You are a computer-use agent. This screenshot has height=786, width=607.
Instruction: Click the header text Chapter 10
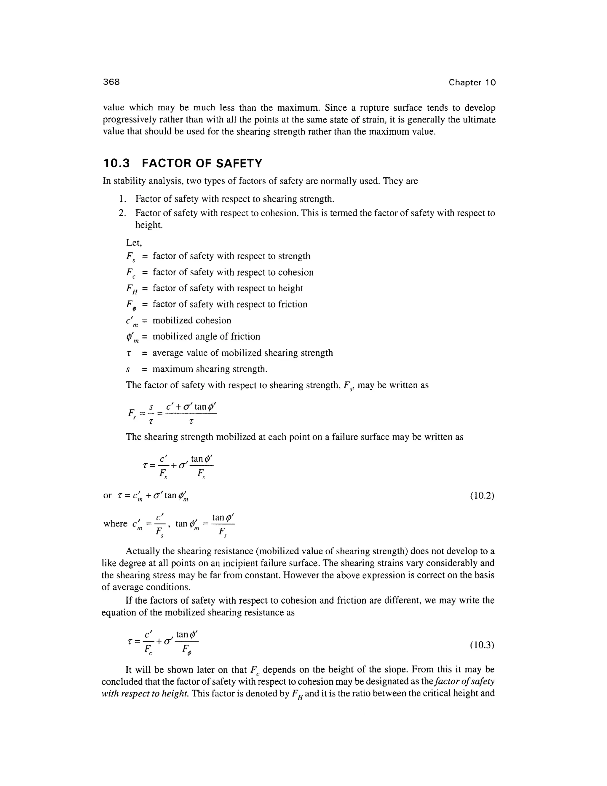point(472,82)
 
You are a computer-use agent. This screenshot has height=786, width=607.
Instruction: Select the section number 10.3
point(116,163)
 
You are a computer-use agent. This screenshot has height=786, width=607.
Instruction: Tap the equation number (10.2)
point(482,496)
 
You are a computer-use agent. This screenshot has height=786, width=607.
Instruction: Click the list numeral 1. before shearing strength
point(122,199)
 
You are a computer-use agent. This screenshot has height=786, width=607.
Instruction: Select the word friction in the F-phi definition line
point(293,305)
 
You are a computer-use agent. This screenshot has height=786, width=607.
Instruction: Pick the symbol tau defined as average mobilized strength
point(129,354)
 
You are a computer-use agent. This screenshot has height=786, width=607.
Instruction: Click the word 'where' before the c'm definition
point(115,524)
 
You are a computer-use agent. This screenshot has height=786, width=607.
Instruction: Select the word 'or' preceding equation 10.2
point(107,496)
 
